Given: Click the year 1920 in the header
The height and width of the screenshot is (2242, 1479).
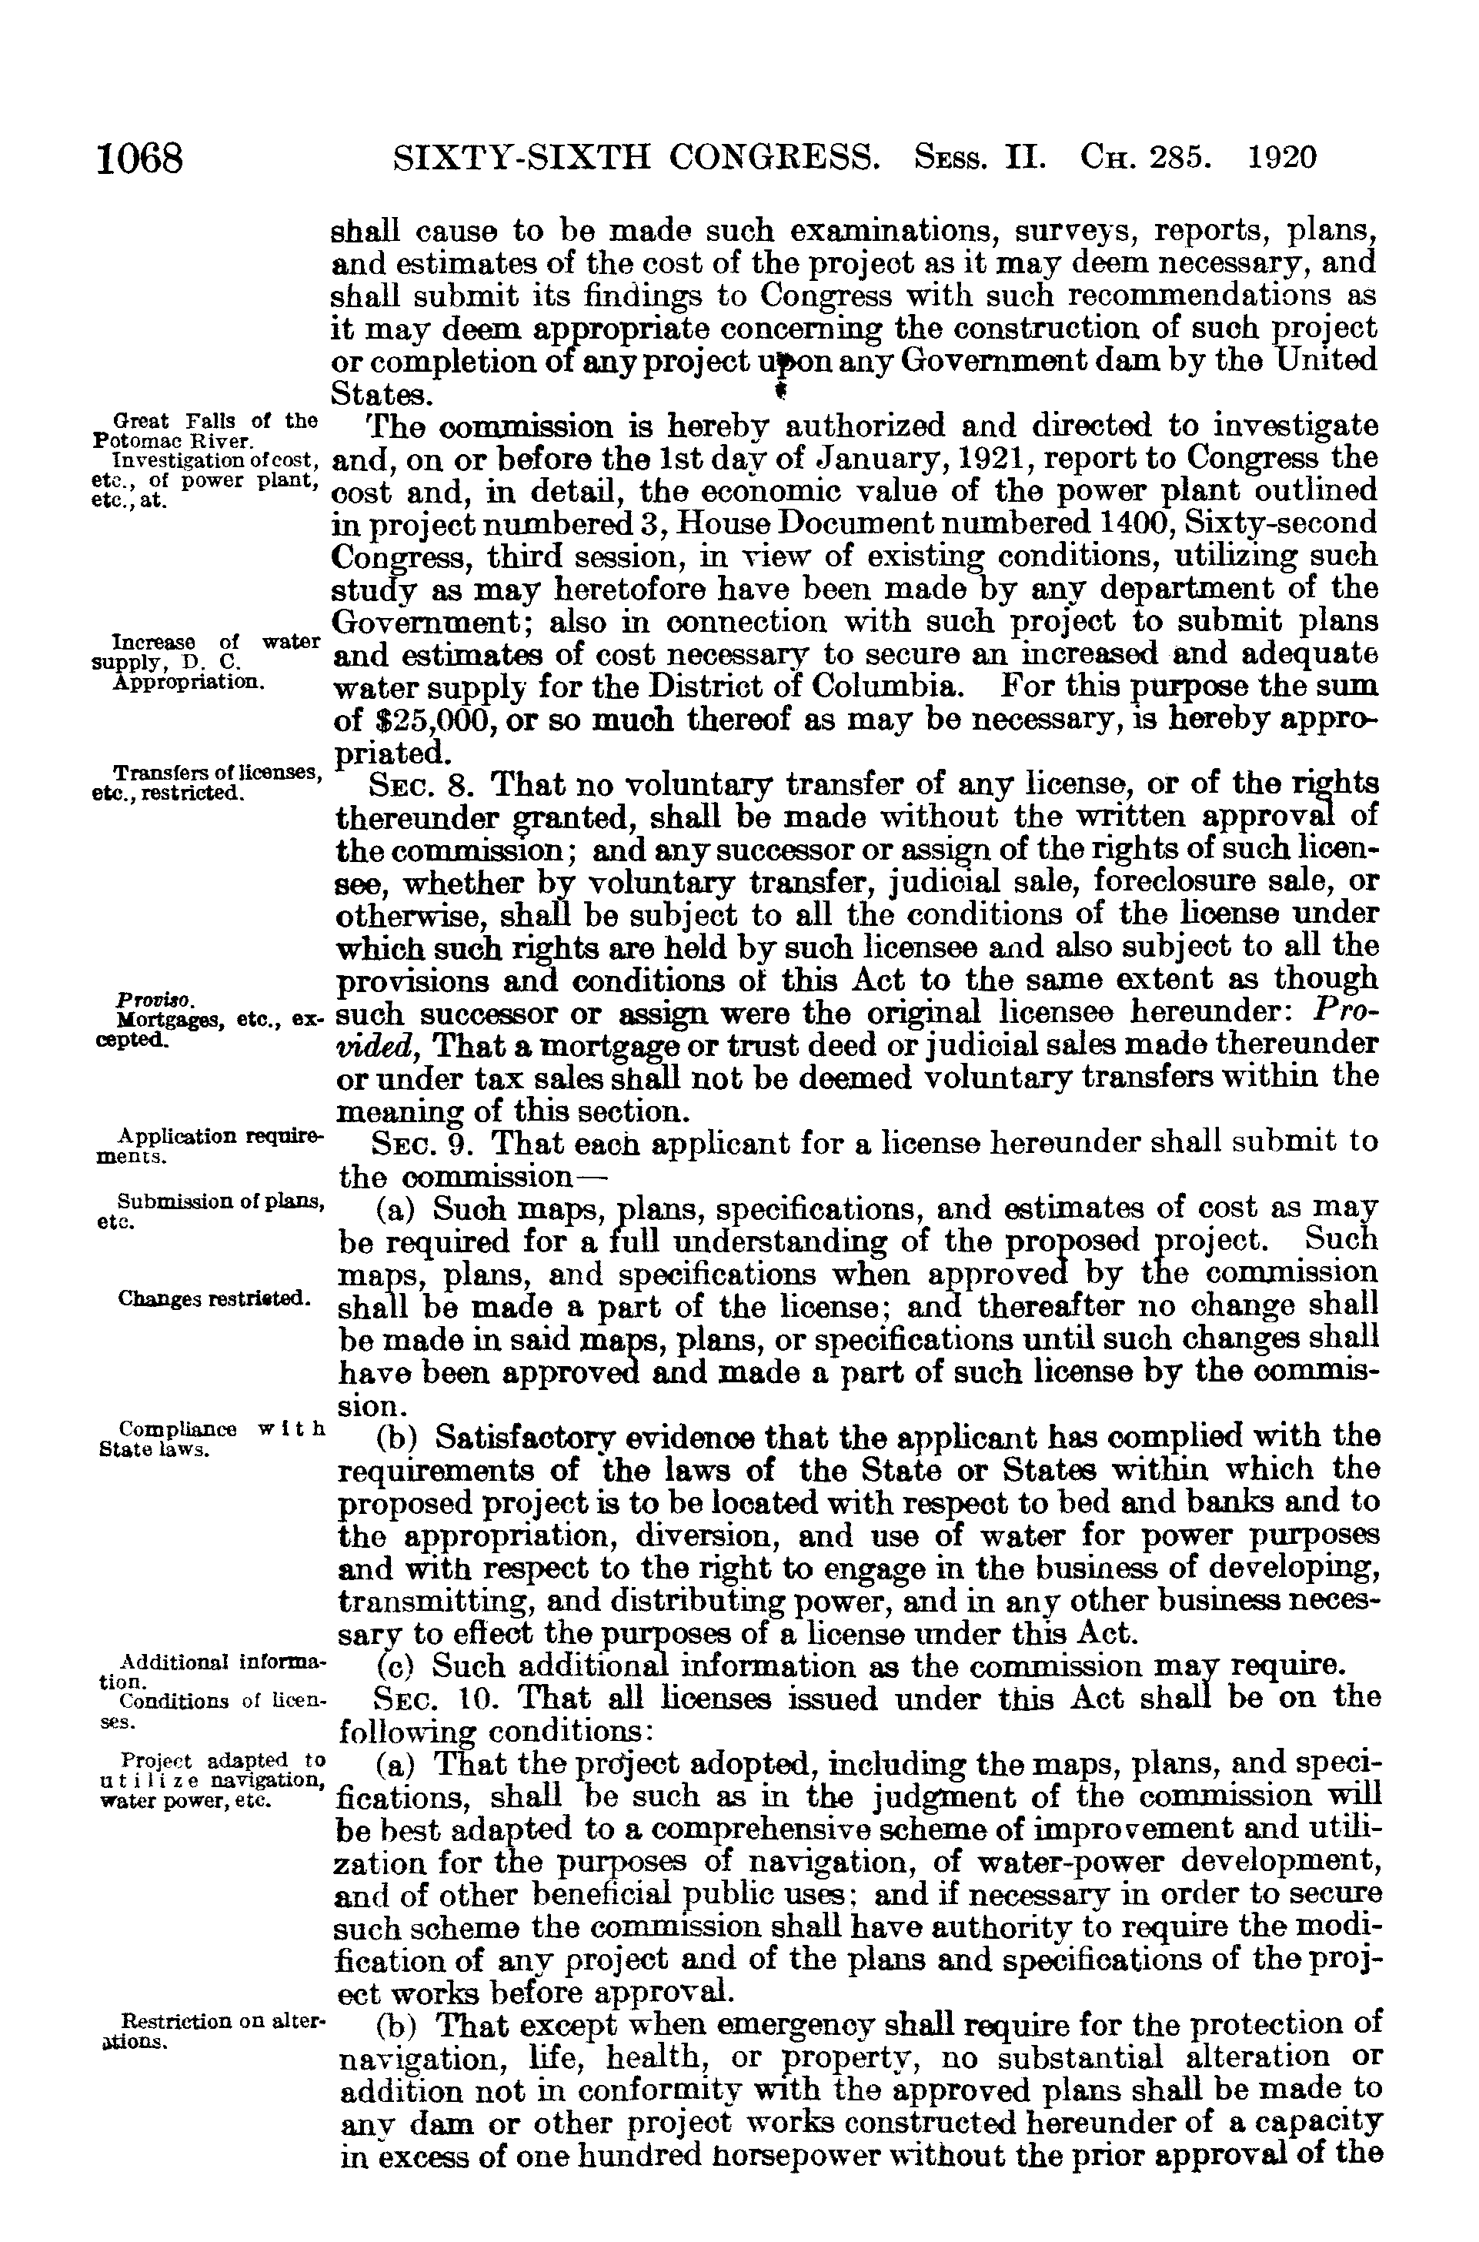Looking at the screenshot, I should tap(1282, 156).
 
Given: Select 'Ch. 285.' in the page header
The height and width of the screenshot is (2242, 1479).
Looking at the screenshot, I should tap(1147, 156).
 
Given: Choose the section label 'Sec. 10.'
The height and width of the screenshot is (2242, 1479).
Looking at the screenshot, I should tap(431, 1698).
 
